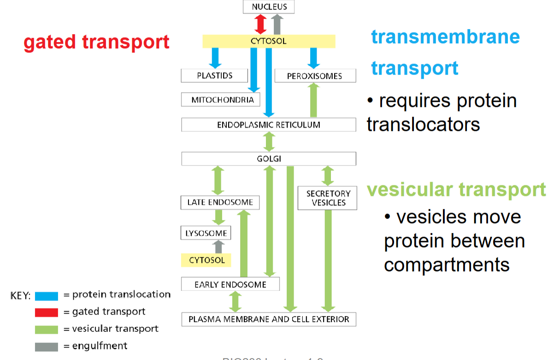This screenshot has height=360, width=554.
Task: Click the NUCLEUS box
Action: [269, 7]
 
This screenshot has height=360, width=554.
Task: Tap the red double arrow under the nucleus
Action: [261, 24]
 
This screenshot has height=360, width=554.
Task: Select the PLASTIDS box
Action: [214, 76]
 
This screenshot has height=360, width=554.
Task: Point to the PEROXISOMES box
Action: [315, 76]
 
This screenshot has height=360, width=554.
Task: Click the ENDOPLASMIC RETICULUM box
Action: [269, 125]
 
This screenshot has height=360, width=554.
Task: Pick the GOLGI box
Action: [269, 159]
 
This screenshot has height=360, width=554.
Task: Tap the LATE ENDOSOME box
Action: [220, 202]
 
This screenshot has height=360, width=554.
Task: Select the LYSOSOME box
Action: [206, 233]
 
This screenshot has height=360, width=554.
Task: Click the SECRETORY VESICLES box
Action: [327, 198]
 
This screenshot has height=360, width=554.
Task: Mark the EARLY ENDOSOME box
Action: [230, 284]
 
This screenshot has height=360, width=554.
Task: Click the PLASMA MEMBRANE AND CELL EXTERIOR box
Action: [269, 319]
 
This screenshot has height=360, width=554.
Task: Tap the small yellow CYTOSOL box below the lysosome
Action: [206, 260]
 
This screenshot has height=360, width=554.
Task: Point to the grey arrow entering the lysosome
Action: [219, 247]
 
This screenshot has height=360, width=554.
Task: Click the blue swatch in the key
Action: [46, 295]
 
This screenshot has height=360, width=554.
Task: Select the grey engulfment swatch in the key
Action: [46, 346]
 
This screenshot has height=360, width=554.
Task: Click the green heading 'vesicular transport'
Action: [456, 189]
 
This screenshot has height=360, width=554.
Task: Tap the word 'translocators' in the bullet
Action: [424, 124]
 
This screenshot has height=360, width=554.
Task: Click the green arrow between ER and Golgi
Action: [269, 142]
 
